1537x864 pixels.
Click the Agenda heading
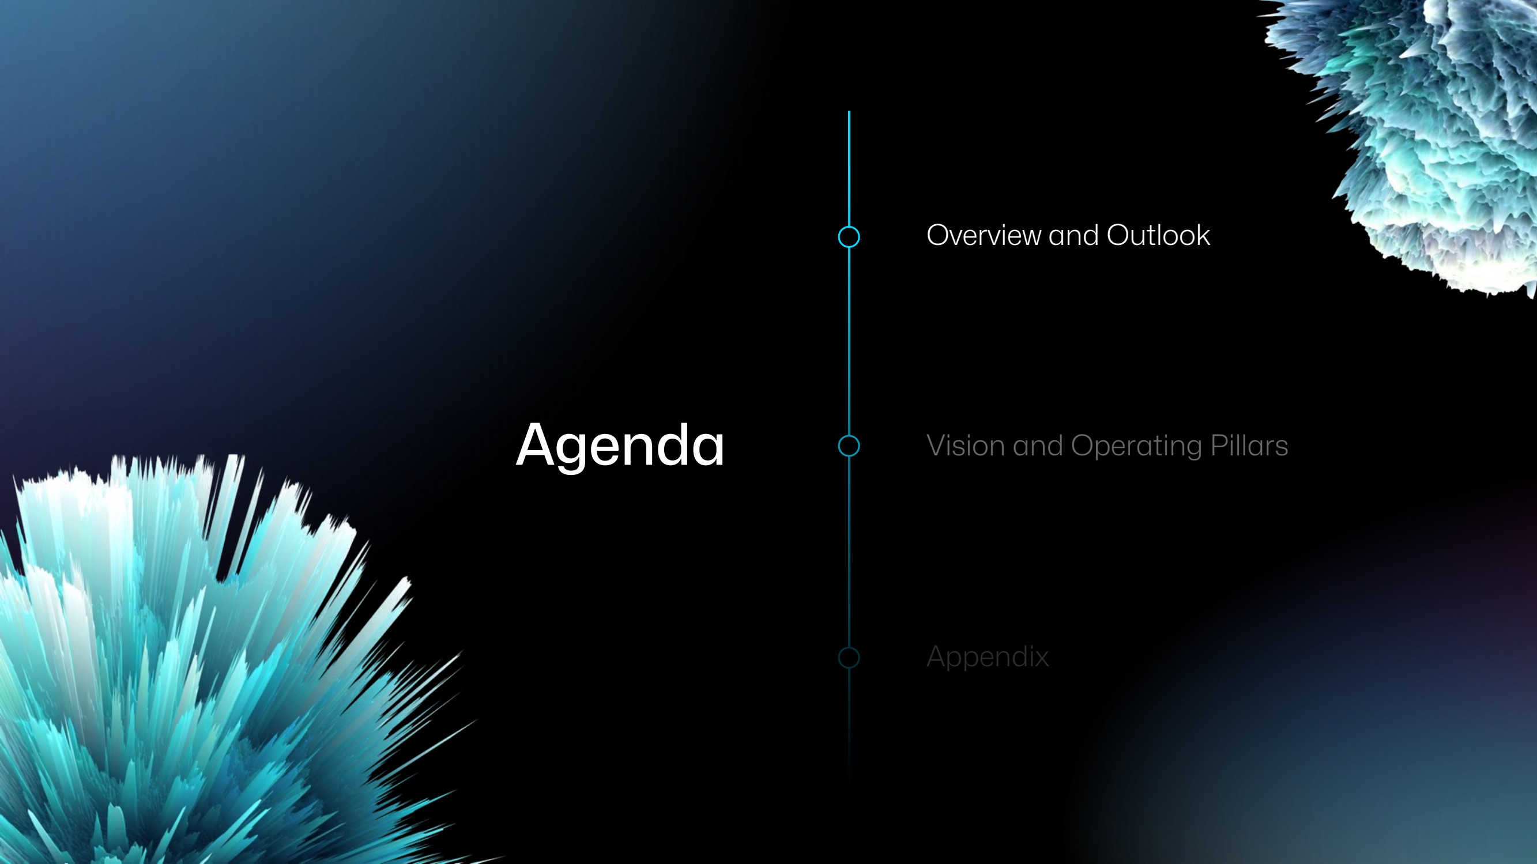click(620, 446)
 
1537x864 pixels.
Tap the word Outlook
click(1158, 235)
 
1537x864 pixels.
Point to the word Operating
click(1137, 446)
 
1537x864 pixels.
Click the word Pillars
click(1249, 446)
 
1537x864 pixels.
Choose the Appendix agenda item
click(988, 657)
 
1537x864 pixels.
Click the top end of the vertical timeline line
click(849, 112)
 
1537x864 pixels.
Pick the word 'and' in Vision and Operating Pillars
click(1038, 446)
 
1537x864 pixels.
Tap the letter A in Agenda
click(536, 444)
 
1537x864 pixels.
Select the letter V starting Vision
click(937, 446)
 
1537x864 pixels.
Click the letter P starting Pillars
click(1218, 446)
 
